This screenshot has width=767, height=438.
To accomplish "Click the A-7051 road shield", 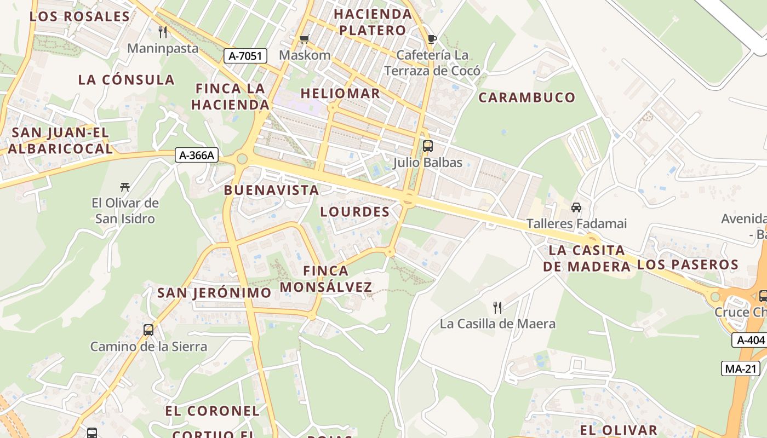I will click(x=245, y=55).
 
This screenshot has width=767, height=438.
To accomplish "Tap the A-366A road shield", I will click(x=197, y=155).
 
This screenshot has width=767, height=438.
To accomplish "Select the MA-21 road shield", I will click(x=741, y=368).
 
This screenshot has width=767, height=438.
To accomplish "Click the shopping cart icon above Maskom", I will click(x=305, y=39).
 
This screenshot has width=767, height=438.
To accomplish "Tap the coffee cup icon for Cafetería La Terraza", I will click(x=432, y=39).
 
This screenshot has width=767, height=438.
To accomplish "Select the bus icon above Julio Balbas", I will click(x=428, y=146).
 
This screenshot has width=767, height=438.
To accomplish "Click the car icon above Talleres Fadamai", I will click(x=576, y=208).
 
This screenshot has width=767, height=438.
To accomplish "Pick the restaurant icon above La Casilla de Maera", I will click(x=497, y=307).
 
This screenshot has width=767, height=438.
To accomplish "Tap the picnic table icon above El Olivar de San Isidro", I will click(x=125, y=187).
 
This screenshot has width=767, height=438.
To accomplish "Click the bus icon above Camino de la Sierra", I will click(x=148, y=330).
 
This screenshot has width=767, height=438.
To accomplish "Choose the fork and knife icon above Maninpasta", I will click(x=163, y=32).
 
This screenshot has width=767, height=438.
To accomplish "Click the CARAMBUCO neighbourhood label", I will click(x=527, y=98).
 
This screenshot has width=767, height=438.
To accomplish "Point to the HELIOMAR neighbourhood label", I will click(x=340, y=94).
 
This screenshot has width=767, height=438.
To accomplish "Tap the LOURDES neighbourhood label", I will click(x=355, y=212).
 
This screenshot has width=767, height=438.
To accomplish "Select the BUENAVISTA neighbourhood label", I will click(x=271, y=191).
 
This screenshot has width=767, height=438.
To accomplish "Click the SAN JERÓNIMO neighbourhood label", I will click(x=214, y=293).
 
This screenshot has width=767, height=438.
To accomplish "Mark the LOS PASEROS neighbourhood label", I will click(x=688, y=265).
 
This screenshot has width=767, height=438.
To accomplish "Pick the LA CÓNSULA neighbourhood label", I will click(x=126, y=80).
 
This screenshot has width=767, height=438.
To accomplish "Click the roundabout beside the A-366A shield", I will click(x=242, y=159).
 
